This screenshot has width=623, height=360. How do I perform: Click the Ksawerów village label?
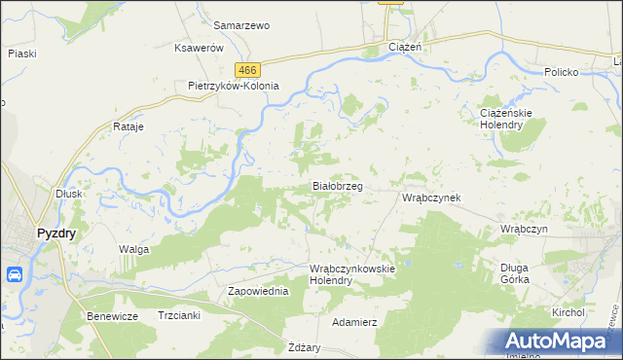click(200, 48)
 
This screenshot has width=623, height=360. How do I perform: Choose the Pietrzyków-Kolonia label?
click(234, 86)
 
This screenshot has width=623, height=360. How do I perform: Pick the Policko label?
click(562, 72)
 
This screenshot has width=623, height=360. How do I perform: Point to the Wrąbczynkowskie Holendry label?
click(350, 273)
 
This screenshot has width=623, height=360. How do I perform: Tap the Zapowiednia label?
click(258, 291)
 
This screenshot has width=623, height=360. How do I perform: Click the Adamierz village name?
click(354, 321)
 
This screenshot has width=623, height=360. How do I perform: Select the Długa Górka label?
click(514, 273)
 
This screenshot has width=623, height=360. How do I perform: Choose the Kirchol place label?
click(568, 312)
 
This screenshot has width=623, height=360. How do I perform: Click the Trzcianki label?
click(178, 315)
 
